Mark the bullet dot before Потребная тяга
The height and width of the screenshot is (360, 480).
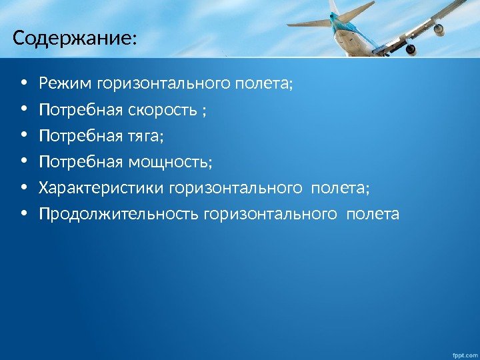(x=25, y=137)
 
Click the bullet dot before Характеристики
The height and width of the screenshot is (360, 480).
(x=25, y=189)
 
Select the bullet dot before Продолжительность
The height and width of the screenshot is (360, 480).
(x=25, y=215)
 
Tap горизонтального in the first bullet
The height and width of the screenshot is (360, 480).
(x=164, y=84)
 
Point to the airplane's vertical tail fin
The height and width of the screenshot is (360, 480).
(x=334, y=8)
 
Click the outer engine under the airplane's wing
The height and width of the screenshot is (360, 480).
(x=439, y=29)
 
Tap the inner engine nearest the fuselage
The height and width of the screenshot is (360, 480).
(x=409, y=49)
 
